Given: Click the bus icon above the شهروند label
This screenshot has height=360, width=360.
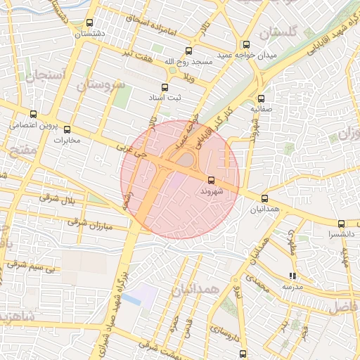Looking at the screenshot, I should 212,180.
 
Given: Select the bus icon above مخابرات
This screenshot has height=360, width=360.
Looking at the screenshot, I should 67,129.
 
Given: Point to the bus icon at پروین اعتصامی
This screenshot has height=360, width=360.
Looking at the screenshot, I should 33,114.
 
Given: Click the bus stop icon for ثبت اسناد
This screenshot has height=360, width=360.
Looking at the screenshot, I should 165,88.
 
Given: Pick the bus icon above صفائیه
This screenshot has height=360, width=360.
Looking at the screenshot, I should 262,99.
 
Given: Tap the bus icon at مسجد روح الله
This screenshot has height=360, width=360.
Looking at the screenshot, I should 188,51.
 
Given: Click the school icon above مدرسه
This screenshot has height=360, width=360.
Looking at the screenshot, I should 292,276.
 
